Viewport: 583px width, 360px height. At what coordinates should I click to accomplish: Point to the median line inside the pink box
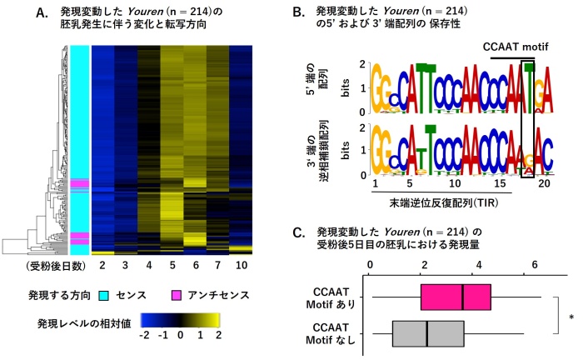[462, 297]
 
